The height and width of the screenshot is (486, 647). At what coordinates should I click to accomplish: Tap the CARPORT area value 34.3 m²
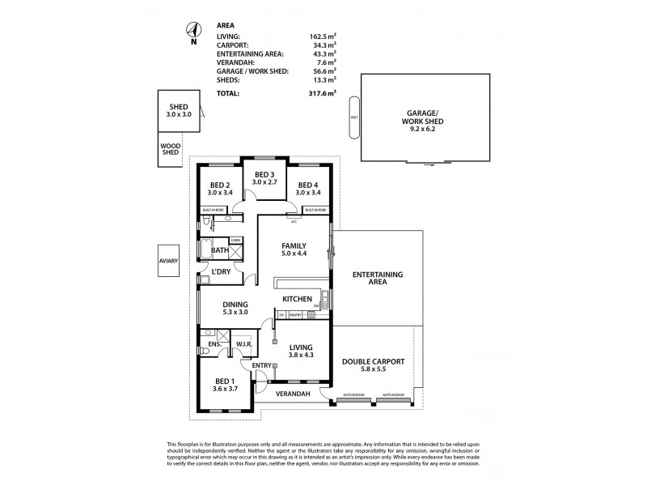coord(315,45)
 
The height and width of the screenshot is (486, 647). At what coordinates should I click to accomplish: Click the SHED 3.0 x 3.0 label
coord(178,111)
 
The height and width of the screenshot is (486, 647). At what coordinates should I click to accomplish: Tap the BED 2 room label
coord(220,188)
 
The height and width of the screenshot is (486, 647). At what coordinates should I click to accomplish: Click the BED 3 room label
coord(264,178)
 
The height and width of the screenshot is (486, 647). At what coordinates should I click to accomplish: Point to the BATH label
coord(219,251)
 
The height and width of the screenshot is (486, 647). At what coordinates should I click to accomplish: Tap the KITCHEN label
coord(297,300)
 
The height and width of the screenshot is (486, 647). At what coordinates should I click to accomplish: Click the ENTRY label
coord(261,365)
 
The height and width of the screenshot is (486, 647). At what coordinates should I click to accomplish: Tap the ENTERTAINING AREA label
coord(377,279)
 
